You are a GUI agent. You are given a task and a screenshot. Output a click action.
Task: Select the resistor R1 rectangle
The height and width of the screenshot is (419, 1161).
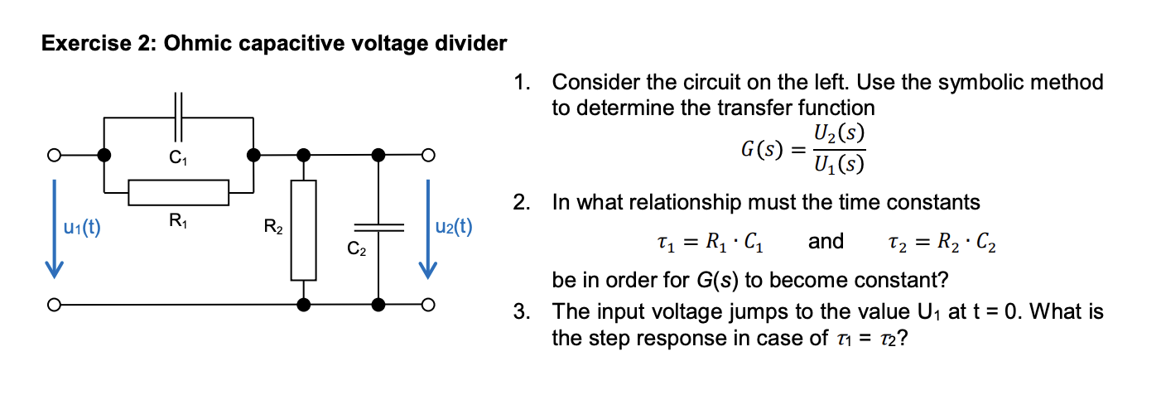point(178,191)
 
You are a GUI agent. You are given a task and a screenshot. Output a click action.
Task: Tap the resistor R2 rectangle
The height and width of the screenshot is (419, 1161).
point(304,229)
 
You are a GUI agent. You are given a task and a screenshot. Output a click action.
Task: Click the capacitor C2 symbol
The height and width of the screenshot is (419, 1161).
point(378,227)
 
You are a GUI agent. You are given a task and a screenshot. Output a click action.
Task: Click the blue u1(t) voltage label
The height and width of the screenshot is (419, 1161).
point(81,228)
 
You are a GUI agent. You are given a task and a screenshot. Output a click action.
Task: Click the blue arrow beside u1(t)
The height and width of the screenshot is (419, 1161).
point(54,229)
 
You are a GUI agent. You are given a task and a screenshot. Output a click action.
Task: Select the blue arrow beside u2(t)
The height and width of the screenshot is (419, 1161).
point(427,229)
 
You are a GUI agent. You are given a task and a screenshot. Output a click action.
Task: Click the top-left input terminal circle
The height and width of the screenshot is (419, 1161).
point(54,155)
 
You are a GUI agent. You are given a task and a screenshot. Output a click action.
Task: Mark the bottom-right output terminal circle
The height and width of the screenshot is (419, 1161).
point(427,305)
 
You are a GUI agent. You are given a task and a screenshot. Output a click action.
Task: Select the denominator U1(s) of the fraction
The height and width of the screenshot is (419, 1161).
point(839,166)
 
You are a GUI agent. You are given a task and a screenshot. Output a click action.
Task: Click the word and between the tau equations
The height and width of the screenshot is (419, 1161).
point(825,241)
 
